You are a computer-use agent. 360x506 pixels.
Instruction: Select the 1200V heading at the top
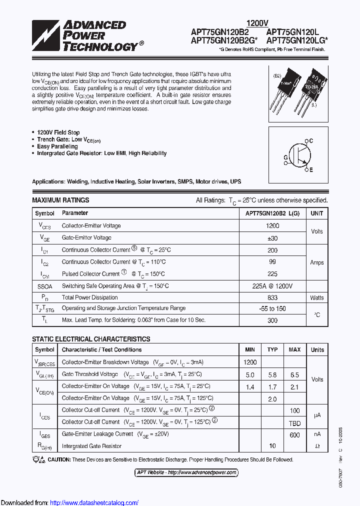[257, 23]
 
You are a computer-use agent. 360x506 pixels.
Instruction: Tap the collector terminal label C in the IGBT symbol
[311, 141]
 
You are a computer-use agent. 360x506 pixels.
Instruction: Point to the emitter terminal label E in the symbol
[311, 170]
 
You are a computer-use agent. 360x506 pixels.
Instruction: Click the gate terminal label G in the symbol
[285, 157]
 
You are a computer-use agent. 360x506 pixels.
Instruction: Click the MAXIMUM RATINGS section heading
[60, 200]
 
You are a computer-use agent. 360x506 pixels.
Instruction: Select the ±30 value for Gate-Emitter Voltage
[272, 238]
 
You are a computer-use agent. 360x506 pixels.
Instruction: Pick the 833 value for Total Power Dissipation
[272, 297]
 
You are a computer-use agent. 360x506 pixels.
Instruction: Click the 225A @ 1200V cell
[272, 286]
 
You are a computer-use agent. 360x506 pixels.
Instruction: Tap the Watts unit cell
[317, 297]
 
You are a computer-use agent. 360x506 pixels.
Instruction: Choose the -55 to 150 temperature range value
[272, 308]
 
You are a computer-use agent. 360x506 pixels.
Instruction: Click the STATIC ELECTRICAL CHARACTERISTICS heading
[91, 339]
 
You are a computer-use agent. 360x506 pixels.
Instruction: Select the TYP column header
[272, 349]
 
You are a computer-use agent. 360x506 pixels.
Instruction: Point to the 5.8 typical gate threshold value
[272, 374]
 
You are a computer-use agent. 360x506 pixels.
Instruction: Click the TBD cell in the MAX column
[295, 422]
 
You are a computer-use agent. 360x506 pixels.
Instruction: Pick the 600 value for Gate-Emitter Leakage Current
[295, 435]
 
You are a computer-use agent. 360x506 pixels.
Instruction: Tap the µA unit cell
[317, 416]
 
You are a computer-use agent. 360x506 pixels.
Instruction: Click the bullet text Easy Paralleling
[57, 146]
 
